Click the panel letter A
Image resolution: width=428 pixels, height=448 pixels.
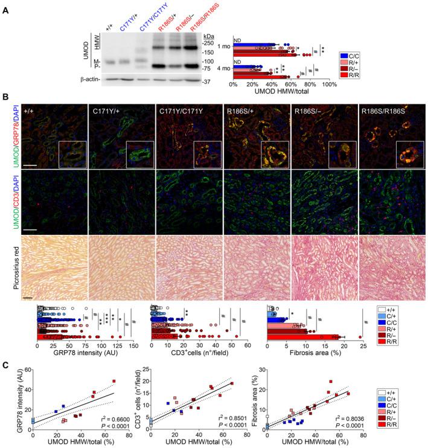(x=5, y=5)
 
